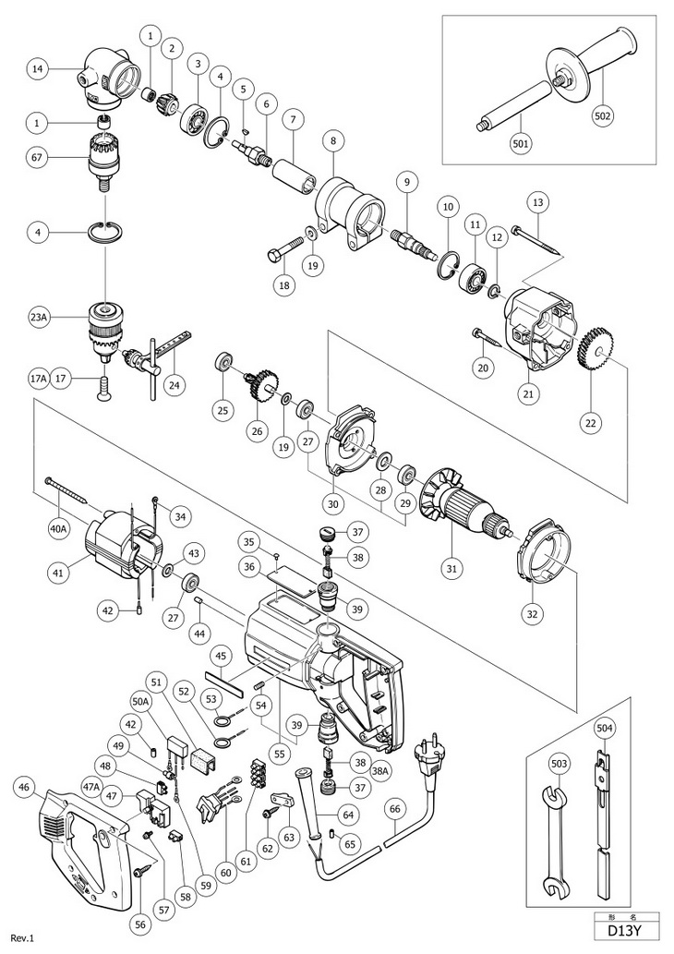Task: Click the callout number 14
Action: pyautogui.click(x=37, y=67)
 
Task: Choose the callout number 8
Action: pyautogui.click(x=333, y=140)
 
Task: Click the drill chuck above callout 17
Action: pyautogui.click(x=102, y=328)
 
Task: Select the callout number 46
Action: pyautogui.click(x=26, y=788)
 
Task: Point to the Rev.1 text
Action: pyautogui.click(x=22, y=938)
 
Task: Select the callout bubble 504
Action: pyautogui.click(x=604, y=729)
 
